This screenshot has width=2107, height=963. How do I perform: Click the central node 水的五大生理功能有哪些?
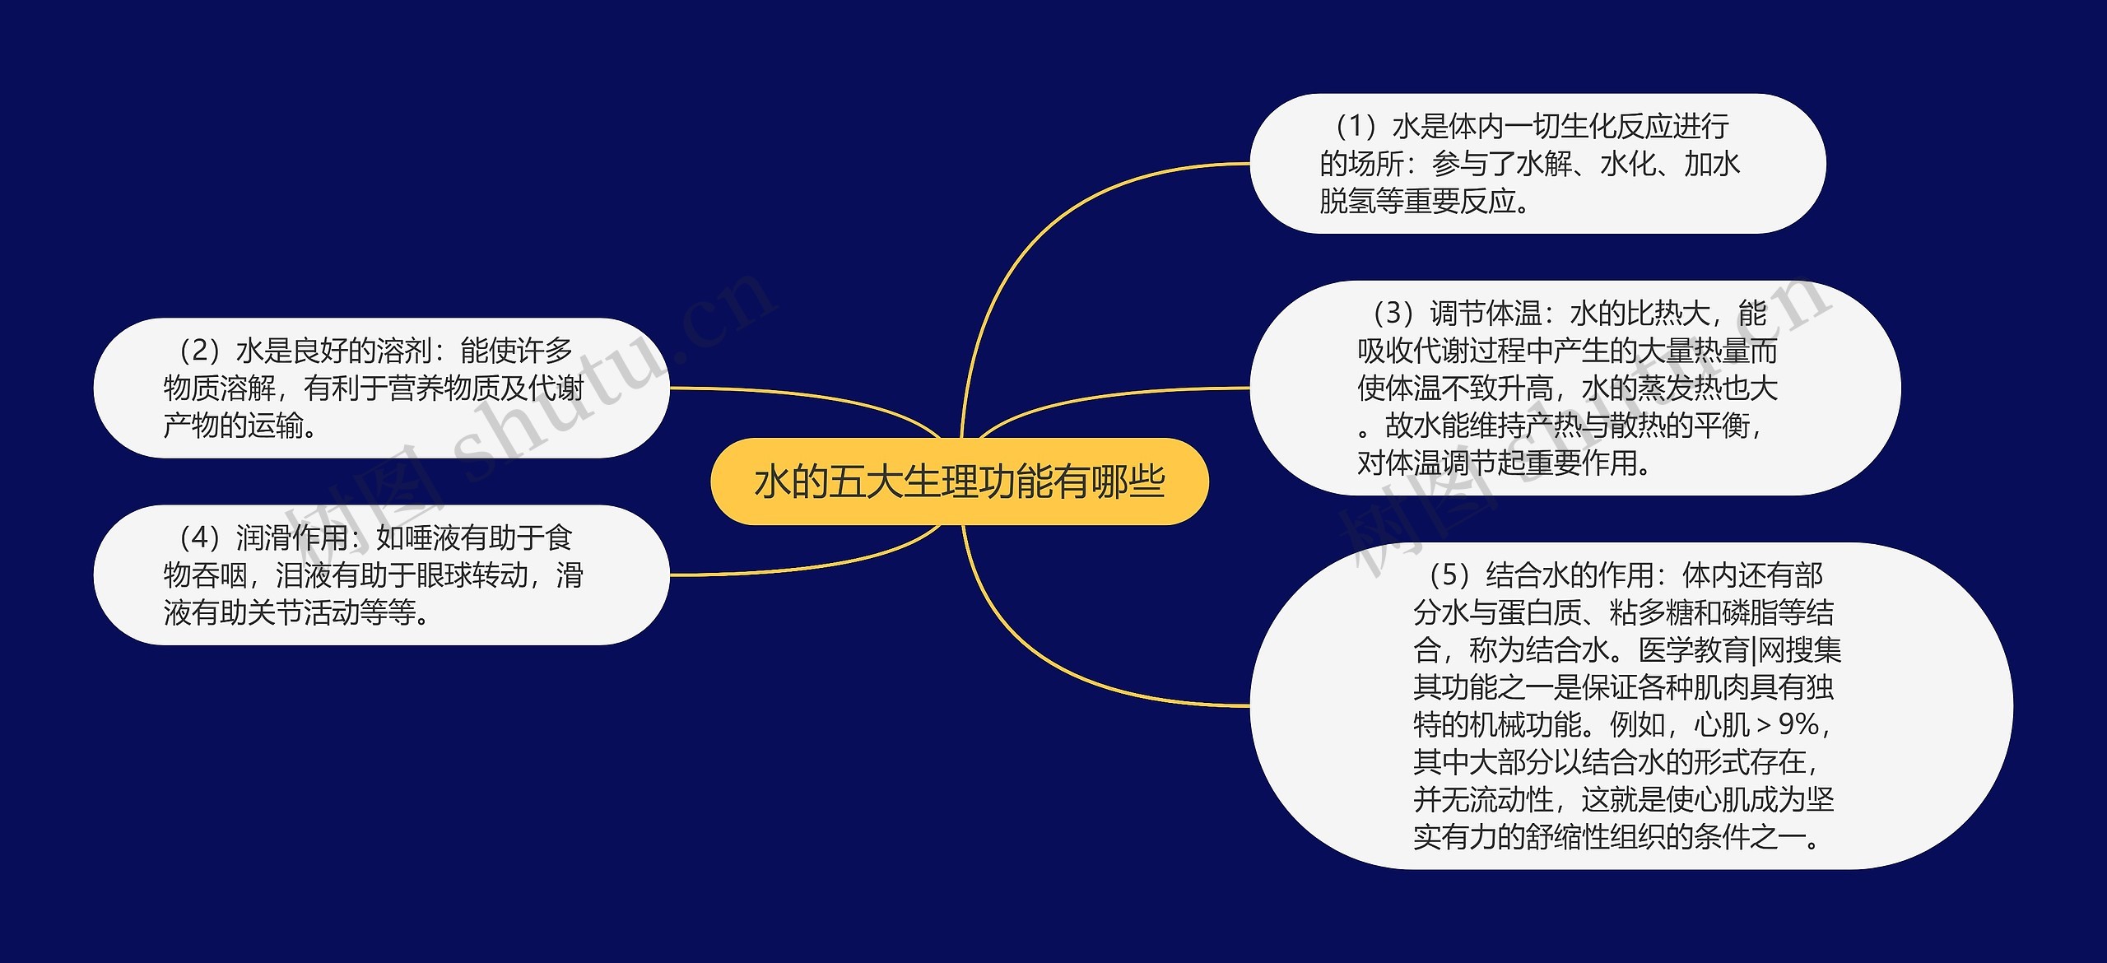[x=959, y=481]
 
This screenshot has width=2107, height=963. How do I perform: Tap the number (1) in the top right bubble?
[x=1356, y=127]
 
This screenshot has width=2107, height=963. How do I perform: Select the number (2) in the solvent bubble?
[x=199, y=351]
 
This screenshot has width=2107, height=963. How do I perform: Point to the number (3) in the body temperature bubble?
[x=1393, y=314]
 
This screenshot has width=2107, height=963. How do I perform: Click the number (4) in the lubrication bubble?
[x=199, y=538]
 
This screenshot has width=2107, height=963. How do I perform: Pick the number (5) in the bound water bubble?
[x=1449, y=575]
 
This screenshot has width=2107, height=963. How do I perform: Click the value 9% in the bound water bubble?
[x=1798, y=724]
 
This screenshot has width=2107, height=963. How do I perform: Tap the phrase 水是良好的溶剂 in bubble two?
[x=333, y=351]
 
